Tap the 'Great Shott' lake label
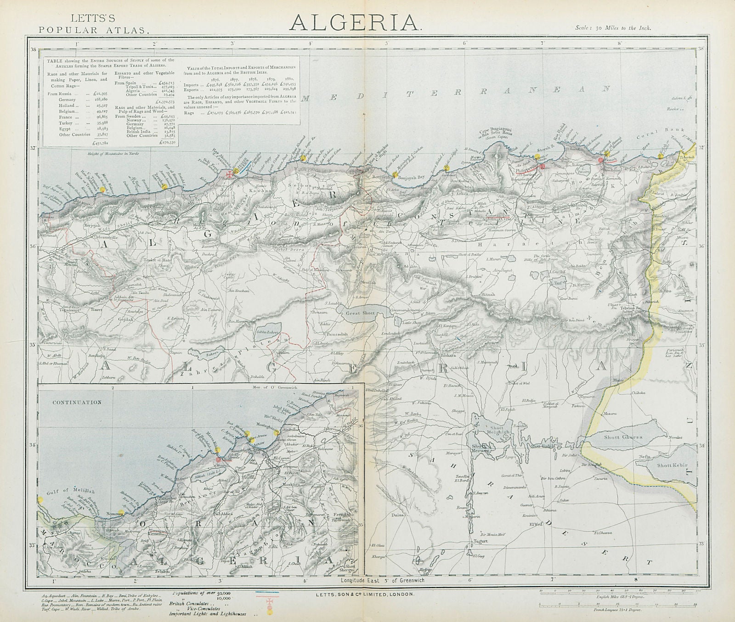click(361, 313)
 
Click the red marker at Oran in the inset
click(217, 459)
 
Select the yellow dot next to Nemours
click(121, 514)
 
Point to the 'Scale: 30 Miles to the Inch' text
click(613, 28)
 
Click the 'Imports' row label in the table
click(192, 85)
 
